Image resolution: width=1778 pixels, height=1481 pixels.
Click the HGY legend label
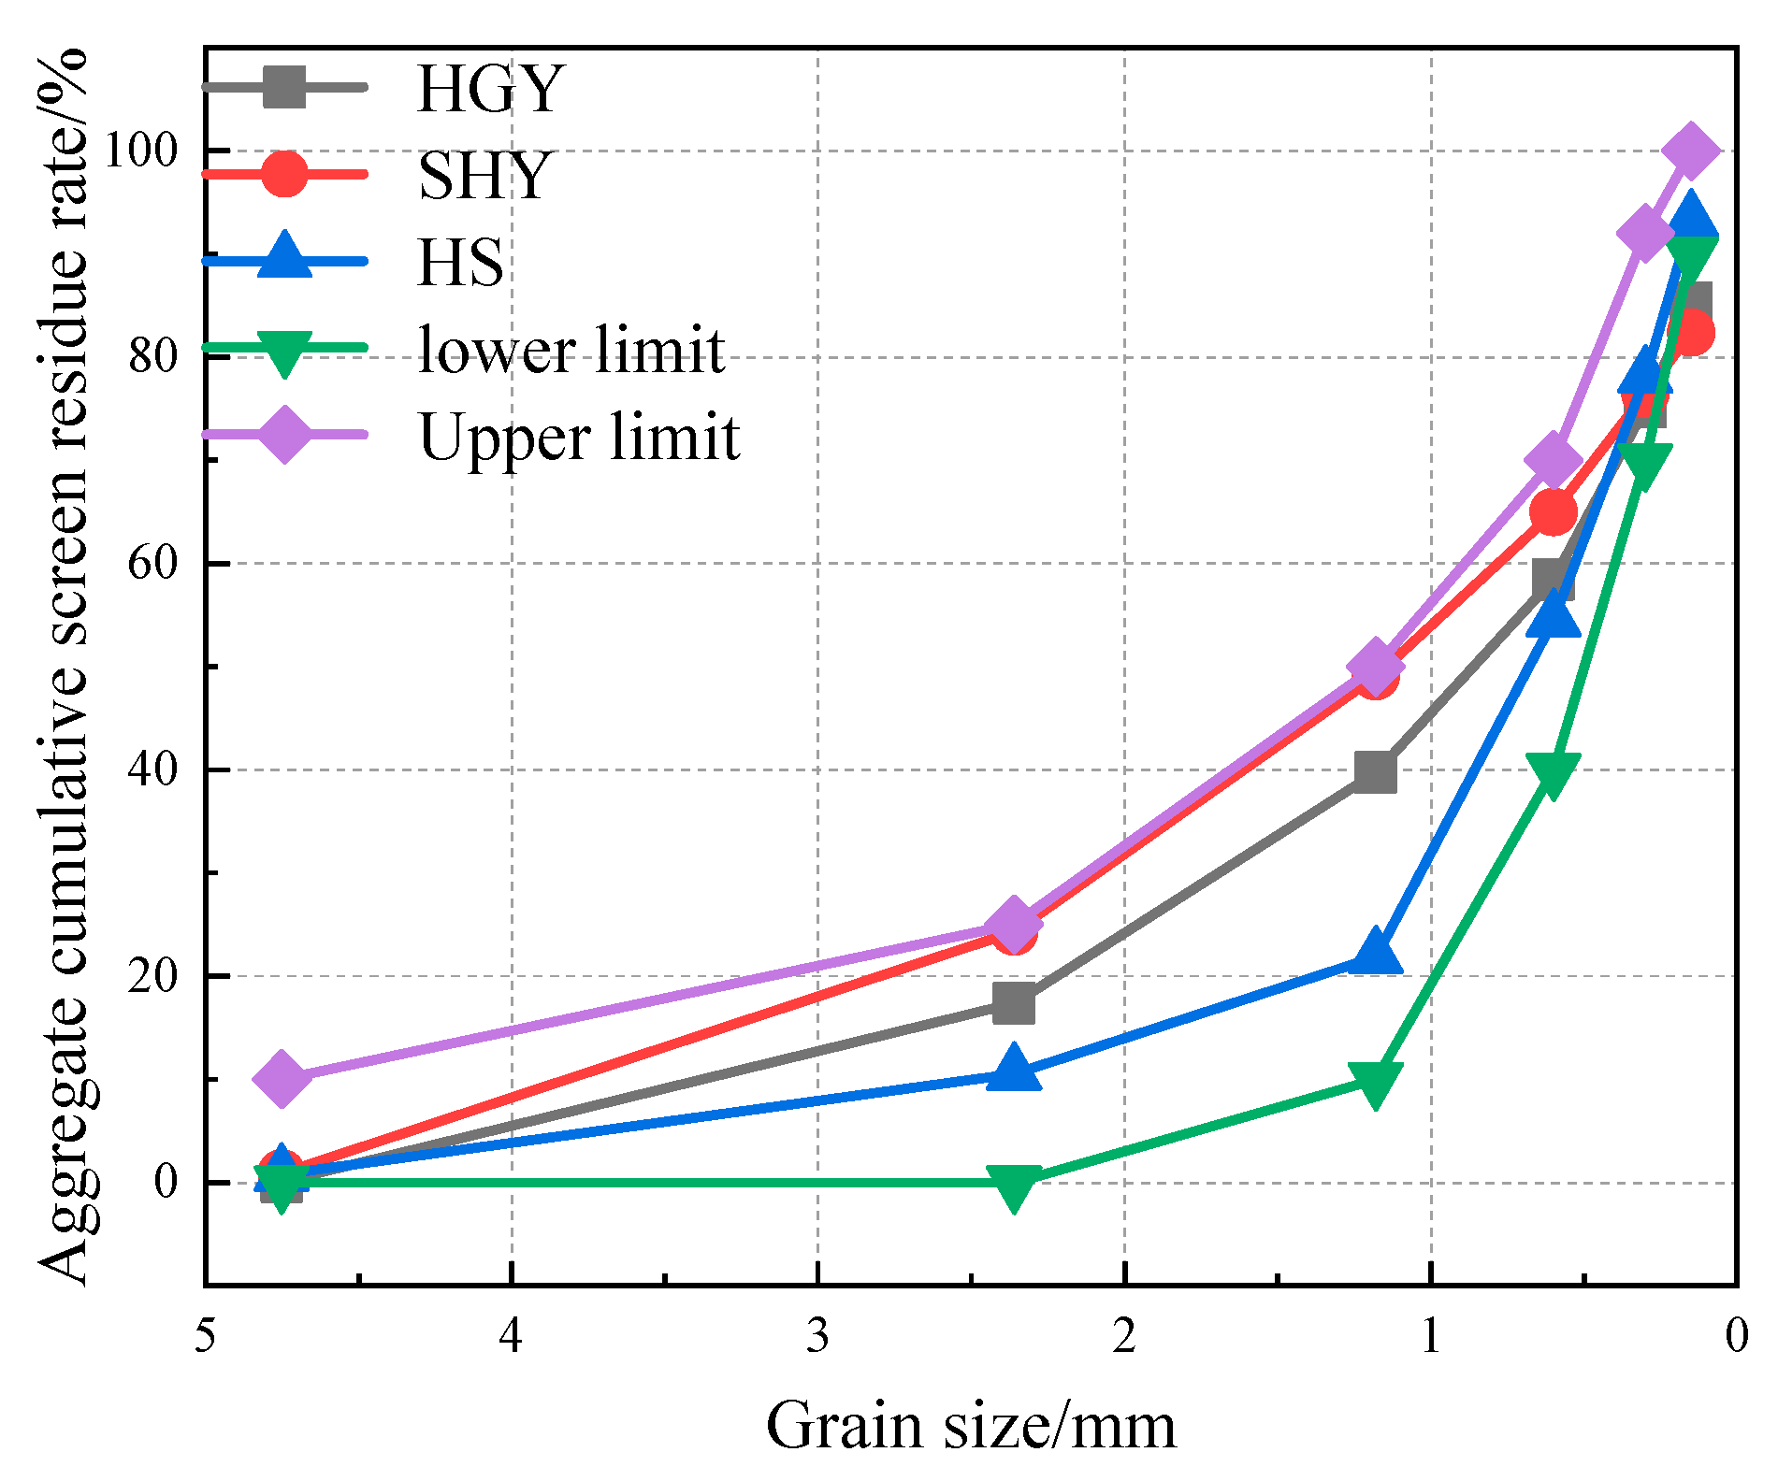pos(489,89)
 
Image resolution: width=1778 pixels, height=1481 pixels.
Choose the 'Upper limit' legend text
pos(579,437)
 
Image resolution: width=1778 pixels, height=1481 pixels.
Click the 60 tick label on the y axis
pos(152,564)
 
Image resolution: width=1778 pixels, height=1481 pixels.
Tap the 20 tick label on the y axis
pos(152,976)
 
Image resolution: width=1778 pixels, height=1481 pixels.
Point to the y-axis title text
pos(64,666)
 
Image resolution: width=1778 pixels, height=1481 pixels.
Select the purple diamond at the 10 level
pos(282,1078)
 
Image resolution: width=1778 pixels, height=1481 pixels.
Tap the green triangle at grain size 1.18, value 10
pos(1375,1082)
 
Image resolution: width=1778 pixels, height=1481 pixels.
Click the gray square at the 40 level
pos(1375,773)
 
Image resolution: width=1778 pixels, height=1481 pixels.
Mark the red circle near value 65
pos(1553,512)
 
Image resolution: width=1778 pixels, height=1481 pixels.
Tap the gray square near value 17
pos(1014,1004)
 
